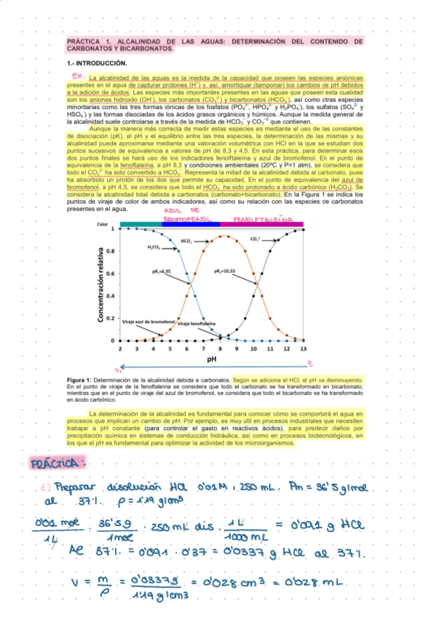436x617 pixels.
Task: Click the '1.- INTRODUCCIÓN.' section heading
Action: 97,63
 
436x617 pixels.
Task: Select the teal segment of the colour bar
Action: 140,225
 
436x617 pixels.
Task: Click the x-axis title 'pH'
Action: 212,359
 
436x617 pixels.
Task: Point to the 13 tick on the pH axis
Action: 304,349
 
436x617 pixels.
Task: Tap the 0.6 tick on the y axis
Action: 111,274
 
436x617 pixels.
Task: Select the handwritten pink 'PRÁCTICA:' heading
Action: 58,463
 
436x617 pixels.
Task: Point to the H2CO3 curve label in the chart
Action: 154,247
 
